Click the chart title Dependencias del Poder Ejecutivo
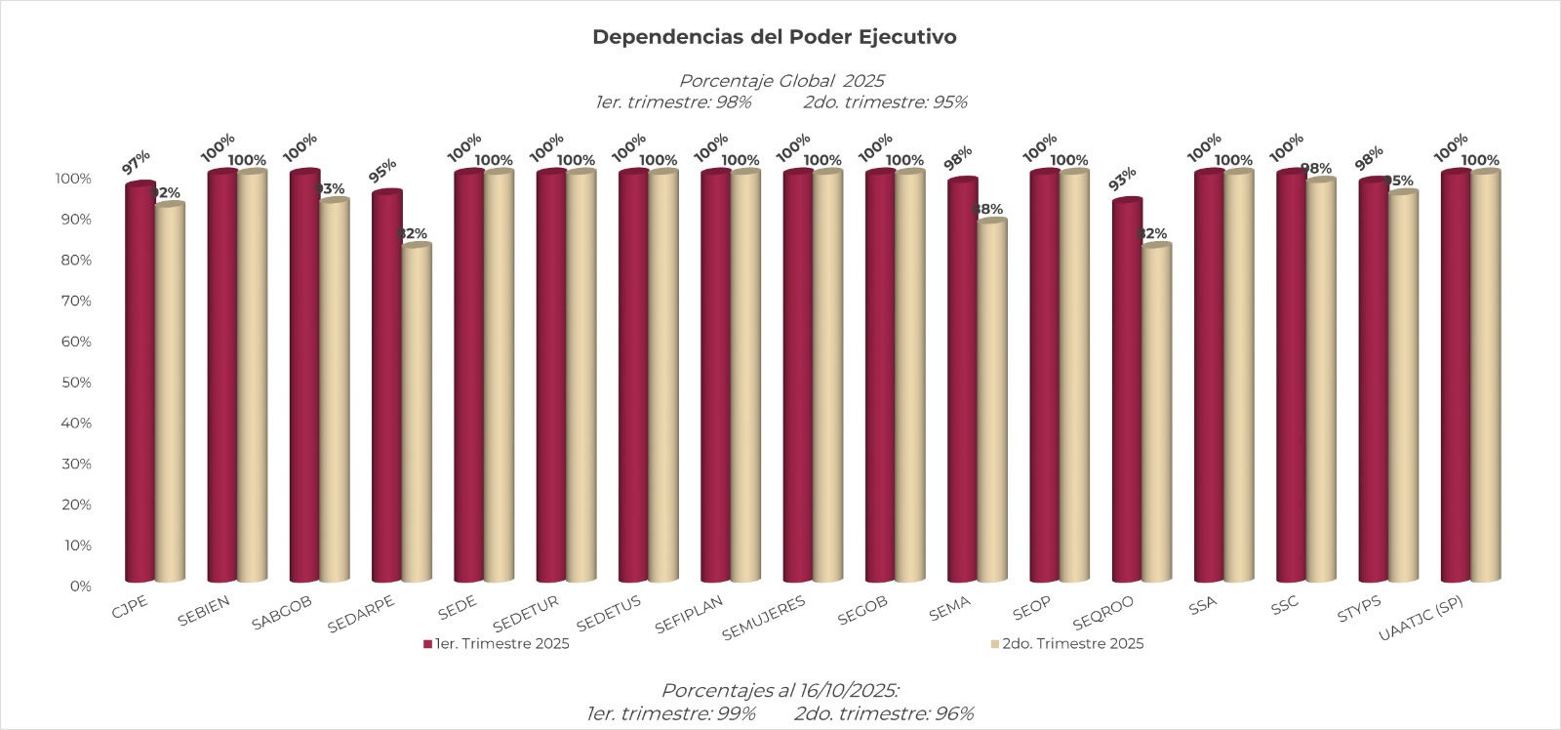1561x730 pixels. tap(774, 37)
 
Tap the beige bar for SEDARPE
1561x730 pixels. tap(417, 415)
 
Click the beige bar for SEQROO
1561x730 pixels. tap(1156, 415)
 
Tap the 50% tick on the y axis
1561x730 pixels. tap(74, 383)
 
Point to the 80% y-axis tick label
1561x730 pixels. tap(74, 261)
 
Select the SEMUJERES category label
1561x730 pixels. tap(764, 619)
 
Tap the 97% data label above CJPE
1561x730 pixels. tap(137, 162)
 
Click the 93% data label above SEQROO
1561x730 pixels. tap(1123, 179)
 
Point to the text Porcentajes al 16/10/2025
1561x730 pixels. tap(780, 691)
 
